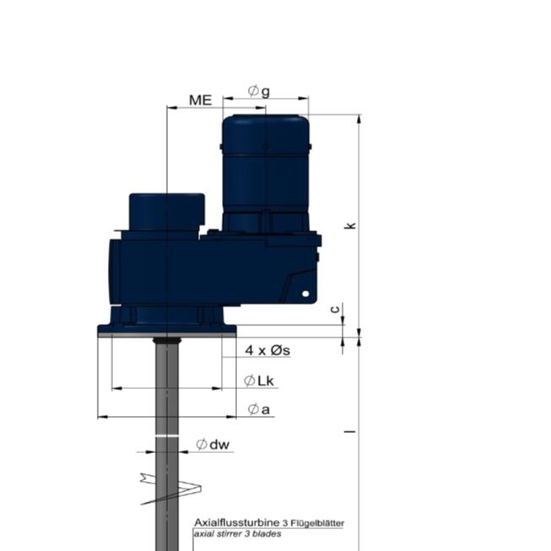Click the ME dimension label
click(x=200, y=100)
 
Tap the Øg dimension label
click(x=259, y=91)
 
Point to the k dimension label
click(x=349, y=225)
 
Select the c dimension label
click(x=336, y=309)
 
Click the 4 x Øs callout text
click(x=267, y=350)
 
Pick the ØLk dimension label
click(x=259, y=381)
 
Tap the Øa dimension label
click(x=259, y=409)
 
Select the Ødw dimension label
click(x=213, y=445)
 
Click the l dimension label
click(x=350, y=431)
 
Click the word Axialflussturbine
click(x=236, y=522)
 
